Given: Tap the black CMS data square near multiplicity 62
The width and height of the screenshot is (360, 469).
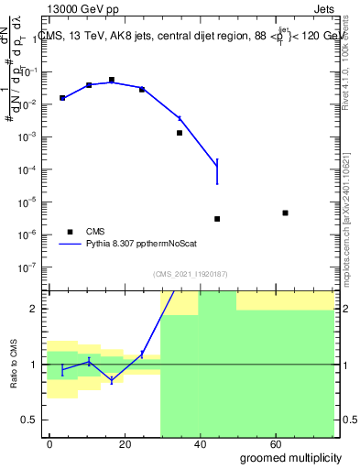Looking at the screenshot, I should tap(286, 213).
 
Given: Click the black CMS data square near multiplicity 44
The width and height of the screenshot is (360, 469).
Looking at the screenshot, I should tap(217, 219).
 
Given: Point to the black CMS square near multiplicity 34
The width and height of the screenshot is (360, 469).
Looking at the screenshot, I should tap(180, 133).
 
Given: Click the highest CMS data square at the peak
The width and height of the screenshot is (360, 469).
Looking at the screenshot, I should tap(112, 80).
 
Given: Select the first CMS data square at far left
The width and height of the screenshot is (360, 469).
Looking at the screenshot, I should tap(62, 98).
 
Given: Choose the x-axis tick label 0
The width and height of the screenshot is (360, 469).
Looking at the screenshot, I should tap(49, 443).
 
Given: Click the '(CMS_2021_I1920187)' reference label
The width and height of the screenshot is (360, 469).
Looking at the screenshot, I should tap(190, 273).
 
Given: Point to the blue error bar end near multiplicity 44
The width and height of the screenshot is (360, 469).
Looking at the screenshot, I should tap(217, 184).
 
